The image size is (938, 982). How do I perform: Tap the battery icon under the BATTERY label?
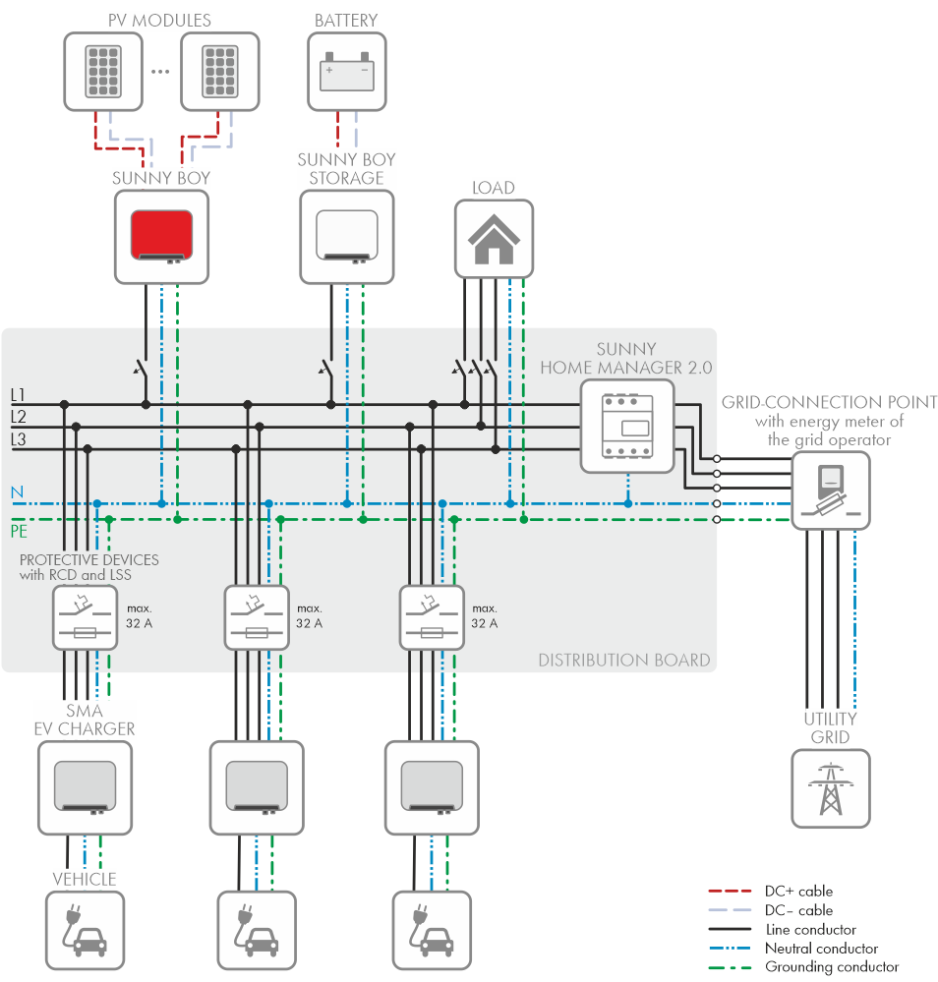click(x=347, y=72)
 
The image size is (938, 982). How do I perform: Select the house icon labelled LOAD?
click(x=494, y=239)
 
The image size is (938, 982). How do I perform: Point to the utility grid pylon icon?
click(x=831, y=787)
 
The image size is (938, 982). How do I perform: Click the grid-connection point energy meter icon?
click(x=831, y=490)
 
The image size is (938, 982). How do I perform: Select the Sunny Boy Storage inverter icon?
click(x=346, y=236)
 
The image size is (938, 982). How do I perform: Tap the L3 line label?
click(x=18, y=439)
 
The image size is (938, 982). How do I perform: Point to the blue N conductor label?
click(x=16, y=491)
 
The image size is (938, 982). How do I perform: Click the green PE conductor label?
click(x=19, y=532)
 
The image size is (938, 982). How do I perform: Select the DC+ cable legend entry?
click(x=797, y=892)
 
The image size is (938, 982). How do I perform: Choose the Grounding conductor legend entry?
click(x=831, y=967)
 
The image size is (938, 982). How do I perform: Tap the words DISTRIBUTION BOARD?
click(x=623, y=660)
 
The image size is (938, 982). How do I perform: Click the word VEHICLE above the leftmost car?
click(x=84, y=879)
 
